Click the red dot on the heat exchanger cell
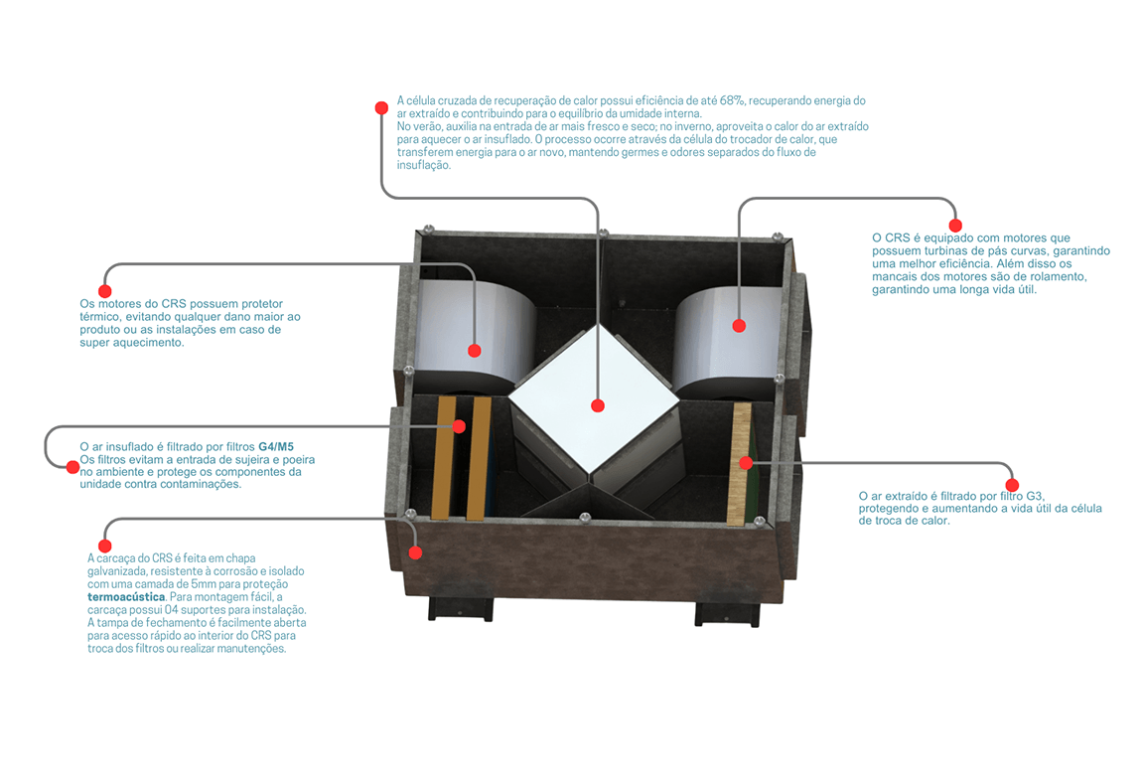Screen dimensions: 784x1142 click(x=597, y=405)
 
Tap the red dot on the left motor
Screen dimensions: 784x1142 click(x=475, y=350)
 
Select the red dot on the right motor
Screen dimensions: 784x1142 click(x=738, y=325)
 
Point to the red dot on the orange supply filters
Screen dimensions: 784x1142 click(x=459, y=426)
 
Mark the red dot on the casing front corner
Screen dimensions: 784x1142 click(x=415, y=552)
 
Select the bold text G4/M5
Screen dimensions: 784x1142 click(x=276, y=447)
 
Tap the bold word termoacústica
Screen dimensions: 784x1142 click(x=126, y=597)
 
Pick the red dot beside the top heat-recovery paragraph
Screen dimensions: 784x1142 click(x=380, y=107)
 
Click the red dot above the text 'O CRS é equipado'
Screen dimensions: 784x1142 click(x=955, y=226)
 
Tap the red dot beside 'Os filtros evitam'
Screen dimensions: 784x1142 click(x=71, y=465)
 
